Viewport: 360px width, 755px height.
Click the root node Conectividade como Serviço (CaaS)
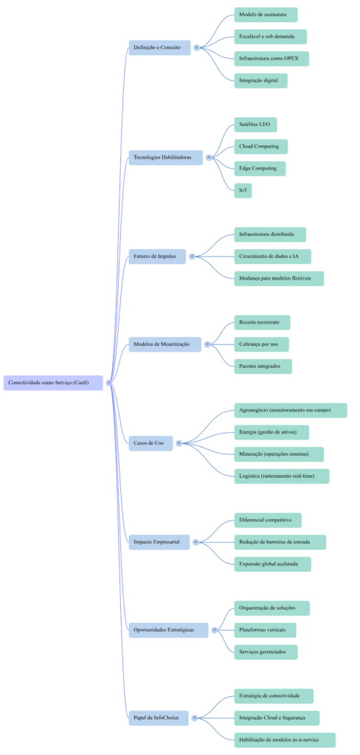click(x=53, y=383)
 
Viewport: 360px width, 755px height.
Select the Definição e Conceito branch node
click(x=159, y=47)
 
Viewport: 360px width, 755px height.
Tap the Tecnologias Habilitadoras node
click(x=165, y=158)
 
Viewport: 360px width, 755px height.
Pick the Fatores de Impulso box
click(x=157, y=257)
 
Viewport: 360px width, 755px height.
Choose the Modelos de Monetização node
click(x=165, y=344)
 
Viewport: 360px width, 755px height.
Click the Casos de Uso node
click(x=150, y=443)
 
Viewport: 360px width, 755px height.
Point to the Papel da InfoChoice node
click(x=158, y=717)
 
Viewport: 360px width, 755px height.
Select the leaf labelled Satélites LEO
click(x=255, y=125)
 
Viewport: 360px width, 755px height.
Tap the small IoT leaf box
click(x=243, y=190)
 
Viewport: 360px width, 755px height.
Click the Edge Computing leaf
click(x=259, y=168)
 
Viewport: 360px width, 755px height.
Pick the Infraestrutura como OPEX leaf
click(x=271, y=58)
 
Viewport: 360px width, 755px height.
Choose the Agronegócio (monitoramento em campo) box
click(x=290, y=410)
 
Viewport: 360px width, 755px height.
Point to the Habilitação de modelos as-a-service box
click(x=285, y=740)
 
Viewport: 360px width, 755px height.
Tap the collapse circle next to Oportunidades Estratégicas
click(x=214, y=630)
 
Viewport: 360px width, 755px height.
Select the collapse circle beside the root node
click(x=109, y=383)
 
